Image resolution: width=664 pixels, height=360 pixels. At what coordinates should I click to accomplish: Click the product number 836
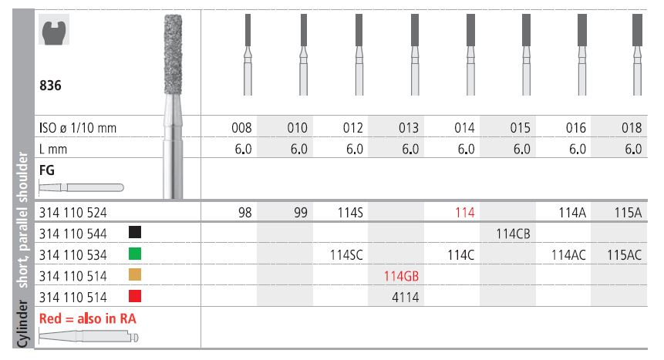coord(50,86)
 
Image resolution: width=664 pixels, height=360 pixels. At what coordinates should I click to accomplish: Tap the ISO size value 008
coord(241,127)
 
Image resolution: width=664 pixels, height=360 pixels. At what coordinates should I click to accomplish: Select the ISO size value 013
coord(409,127)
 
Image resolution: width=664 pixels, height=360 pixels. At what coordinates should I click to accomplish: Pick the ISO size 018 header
coord(632,127)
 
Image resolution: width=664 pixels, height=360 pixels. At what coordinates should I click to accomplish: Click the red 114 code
coord(465,212)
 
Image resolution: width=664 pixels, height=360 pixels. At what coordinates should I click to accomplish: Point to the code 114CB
coord(514,234)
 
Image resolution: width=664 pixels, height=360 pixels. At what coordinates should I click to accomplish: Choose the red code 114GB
coord(402,276)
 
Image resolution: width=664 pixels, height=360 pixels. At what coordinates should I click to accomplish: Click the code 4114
coord(405,298)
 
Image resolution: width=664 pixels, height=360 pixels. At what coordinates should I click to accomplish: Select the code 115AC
coord(624,255)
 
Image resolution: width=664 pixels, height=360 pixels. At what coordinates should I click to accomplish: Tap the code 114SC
coord(346,255)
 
